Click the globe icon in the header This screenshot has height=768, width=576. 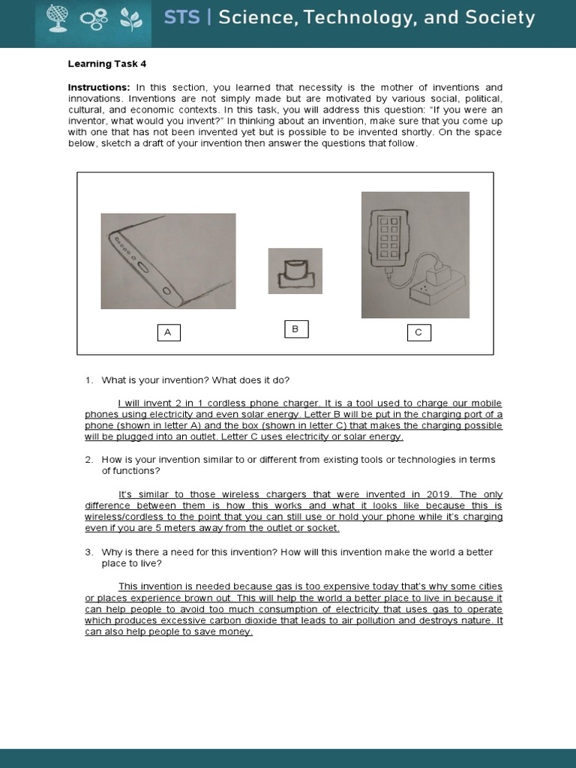pos(57,18)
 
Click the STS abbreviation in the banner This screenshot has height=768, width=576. pos(182,18)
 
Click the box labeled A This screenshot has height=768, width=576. pos(168,333)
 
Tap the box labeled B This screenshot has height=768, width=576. pos(295,329)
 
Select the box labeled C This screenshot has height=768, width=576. pos(418,332)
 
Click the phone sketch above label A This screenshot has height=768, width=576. pos(168,261)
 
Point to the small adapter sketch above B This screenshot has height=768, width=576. pos(295,271)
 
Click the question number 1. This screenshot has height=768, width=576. pos(88,380)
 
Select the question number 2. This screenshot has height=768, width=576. pos(88,460)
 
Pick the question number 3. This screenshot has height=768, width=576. pos(88,552)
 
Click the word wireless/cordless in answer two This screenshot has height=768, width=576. pos(118,517)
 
